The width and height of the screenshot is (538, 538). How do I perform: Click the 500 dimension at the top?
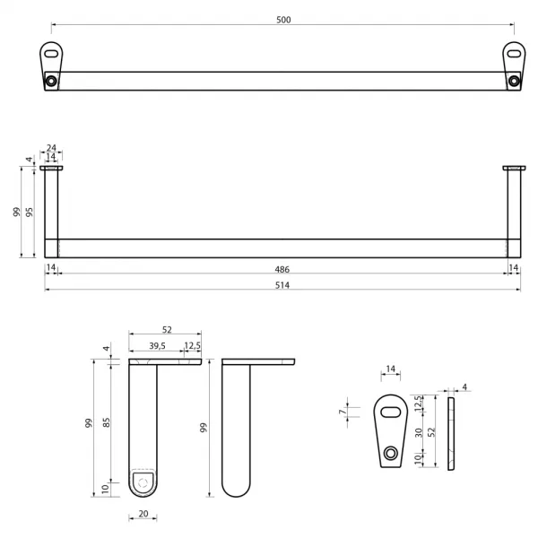(x=283, y=20)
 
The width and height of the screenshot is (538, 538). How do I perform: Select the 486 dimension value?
(x=282, y=270)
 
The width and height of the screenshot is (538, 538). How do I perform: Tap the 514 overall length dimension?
(x=282, y=285)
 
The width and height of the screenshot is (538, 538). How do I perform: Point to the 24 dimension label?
(x=51, y=148)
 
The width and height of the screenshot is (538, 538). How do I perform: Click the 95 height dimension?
(x=30, y=212)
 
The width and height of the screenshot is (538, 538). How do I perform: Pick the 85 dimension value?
(x=107, y=422)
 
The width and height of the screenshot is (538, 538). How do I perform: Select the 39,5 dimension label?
(x=157, y=346)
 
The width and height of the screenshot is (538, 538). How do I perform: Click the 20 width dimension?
(x=143, y=514)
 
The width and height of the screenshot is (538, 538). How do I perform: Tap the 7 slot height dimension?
(x=342, y=412)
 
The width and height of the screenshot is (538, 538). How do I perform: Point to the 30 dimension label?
(x=418, y=433)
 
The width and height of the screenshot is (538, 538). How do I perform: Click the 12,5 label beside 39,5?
(x=192, y=346)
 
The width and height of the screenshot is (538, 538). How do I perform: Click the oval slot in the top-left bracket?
(x=51, y=54)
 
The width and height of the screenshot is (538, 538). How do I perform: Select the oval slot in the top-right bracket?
(x=514, y=54)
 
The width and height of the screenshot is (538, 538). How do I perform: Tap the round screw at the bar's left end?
(x=51, y=81)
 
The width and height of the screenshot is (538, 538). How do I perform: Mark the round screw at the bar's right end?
(x=514, y=81)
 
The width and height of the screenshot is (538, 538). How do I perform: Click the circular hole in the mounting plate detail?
(x=390, y=453)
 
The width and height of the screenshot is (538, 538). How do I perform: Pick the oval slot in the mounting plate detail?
(x=390, y=412)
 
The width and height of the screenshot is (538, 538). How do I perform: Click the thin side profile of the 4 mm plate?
(x=451, y=434)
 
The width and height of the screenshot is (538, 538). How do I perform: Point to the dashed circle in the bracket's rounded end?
(x=143, y=483)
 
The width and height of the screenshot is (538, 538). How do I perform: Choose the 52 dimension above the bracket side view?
(x=167, y=330)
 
